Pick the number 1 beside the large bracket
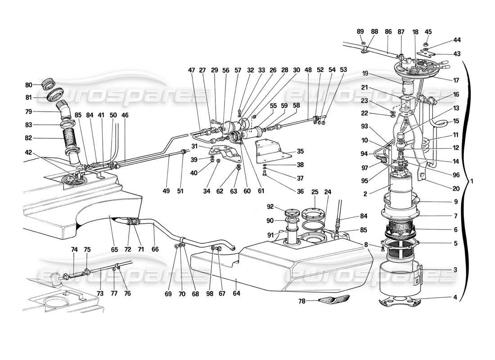pos(471,181)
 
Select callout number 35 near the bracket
pos(301,152)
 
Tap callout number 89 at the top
pos(360,31)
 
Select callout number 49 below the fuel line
pos(166,191)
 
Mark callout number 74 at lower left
pos(74,249)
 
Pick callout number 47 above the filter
pos(192,70)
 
